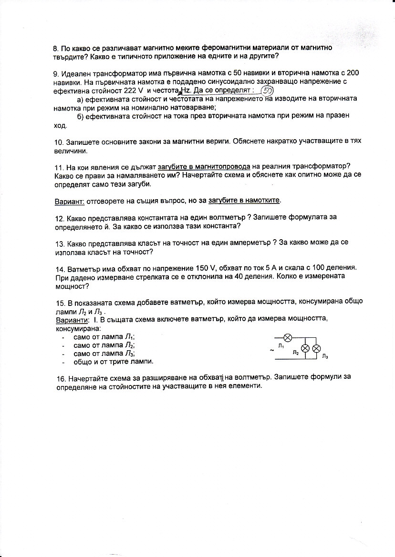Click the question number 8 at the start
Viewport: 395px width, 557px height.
click(x=55, y=49)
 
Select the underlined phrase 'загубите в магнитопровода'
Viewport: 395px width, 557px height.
click(x=204, y=167)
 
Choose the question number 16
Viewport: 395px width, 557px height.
click(x=60, y=377)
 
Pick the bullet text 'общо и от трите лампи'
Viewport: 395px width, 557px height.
click(x=114, y=362)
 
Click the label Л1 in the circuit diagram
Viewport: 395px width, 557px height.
click(x=281, y=346)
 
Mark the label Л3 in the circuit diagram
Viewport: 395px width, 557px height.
click(x=325, y=356)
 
